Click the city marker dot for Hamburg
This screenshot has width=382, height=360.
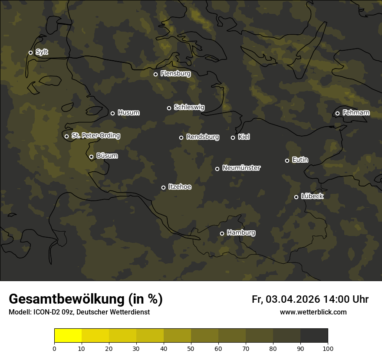pos(222,233)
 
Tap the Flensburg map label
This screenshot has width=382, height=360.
pos(175,74)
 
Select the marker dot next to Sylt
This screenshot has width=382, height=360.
pos(30,52)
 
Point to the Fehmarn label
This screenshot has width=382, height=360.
pos(356,113)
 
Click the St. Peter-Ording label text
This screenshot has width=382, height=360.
pos(95,136)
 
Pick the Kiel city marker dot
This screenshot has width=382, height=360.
pos(233,137)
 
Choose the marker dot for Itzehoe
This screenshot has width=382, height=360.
pos(163,187)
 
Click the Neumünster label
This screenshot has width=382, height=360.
pos(241,168)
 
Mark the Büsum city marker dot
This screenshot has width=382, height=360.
pos(91,157)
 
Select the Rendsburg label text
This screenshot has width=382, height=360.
pos(203,137)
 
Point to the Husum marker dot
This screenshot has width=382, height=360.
pos(112,113)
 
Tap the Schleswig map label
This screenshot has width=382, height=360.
pos(189,107)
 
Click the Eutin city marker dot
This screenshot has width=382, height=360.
pos(287,160)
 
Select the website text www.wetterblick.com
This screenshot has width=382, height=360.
pos(313,312)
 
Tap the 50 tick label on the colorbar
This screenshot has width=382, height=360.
pos(191,348)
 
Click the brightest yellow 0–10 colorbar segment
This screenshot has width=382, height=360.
pos(68,336)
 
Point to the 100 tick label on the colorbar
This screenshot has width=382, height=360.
pos(328,348)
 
